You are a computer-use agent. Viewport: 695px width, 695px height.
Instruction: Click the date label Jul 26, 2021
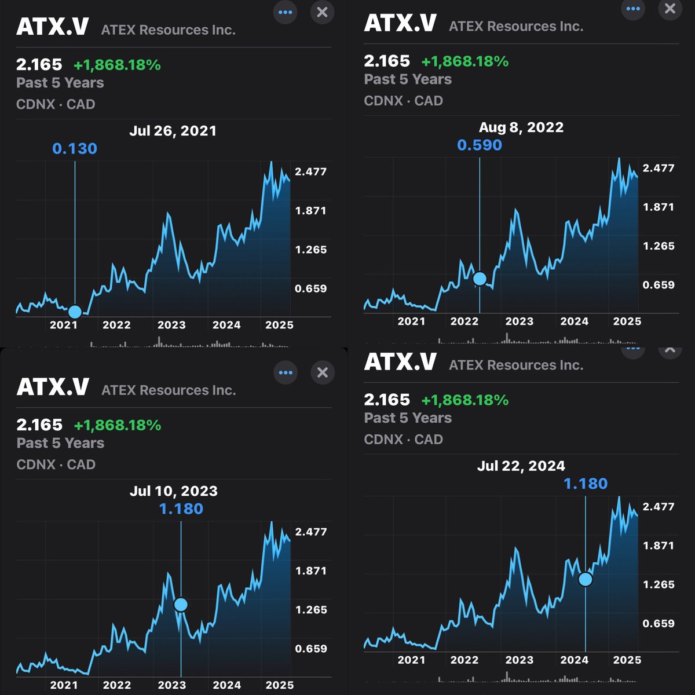pyautogui.click(x=173, y=131)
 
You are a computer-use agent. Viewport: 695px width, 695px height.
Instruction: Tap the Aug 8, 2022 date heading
pyautogui.click(x=521, y=127)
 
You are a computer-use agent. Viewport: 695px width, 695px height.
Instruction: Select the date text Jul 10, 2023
pyautogui.click(x=173, y=491)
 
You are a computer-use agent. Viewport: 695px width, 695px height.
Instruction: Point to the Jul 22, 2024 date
pyautogui.click(x=521, y=466)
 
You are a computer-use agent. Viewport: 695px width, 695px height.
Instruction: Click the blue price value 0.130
pyautogui.click(x=75, y=149)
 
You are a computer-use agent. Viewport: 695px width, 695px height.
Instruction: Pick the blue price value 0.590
pyautogui.click(x=480, y=145)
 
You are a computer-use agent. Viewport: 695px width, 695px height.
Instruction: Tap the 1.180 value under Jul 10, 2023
pyautogui.click(x=181, y=509)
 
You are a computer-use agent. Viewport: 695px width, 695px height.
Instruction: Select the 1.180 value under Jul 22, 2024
pyautogui.click(x=586, y=484)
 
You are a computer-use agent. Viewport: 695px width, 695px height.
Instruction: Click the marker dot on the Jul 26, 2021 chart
pyautogui.click(x=75, y=312)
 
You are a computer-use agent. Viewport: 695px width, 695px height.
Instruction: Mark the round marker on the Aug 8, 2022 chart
pyautogui.click(x=480, y=279)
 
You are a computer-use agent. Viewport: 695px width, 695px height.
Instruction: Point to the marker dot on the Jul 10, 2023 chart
pyautogui.click(x=181, y=605)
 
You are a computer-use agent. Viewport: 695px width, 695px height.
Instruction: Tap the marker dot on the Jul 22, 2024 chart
pyautogui.click(x=586, y=579)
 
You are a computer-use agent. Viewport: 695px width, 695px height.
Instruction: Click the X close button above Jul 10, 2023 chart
pyautogui.click(x=323, y=372)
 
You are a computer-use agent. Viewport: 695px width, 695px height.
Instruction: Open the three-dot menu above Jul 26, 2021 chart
pyautogui.click(x=285, y=12)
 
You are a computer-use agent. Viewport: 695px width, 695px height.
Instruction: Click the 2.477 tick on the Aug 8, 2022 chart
pyautogui.click(x=659, y=168)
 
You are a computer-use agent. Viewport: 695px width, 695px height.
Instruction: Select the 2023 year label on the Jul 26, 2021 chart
pyautogui.click(x=171, y=325)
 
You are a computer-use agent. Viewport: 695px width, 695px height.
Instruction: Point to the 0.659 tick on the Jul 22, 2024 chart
pyautogui.click(x=659, y=624)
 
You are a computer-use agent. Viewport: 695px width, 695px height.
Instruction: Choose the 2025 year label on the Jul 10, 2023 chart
pyautogui.click(x=280, y=685)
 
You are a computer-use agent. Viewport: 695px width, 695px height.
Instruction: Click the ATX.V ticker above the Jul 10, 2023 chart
pyautogui.click(x=53, y=387)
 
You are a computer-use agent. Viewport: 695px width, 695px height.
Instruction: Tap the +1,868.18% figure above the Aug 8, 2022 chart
pyautogui.click(x=464, y=61)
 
